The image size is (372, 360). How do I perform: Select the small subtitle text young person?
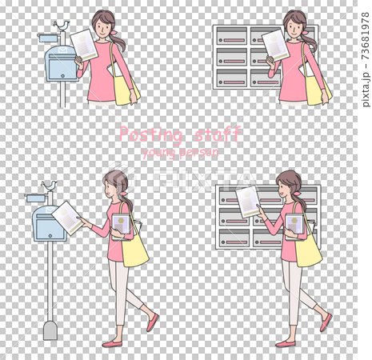click(x=179, y=150)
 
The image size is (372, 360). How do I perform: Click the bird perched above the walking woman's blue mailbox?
click(x=50, y=186)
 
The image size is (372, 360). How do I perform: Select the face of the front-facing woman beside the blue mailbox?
click(x=103, y=25)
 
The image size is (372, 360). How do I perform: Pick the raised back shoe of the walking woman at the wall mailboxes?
click(x=326, y=322)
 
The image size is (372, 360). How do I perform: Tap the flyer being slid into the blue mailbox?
click(x=66, y=217)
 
